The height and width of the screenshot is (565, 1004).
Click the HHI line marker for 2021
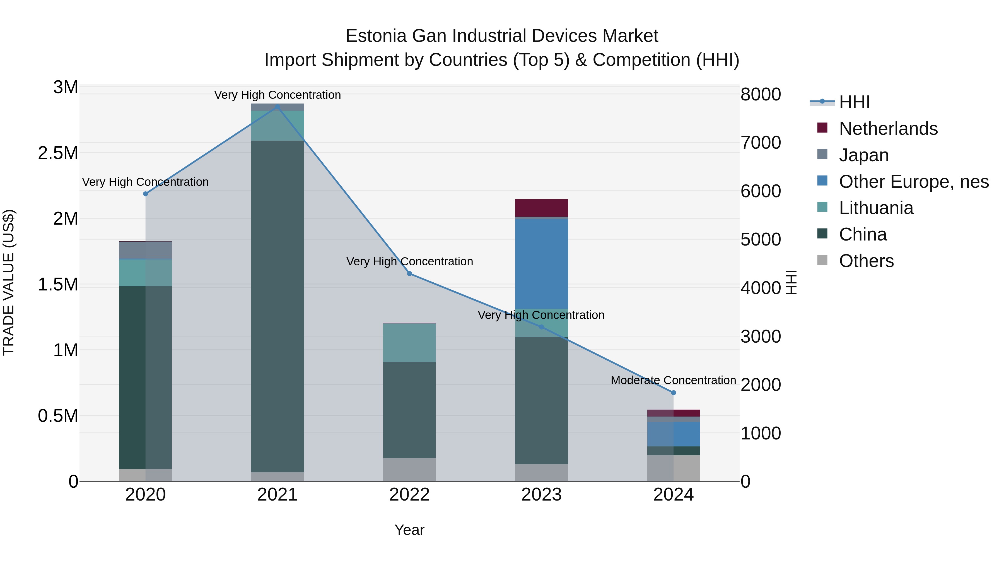(277, 107)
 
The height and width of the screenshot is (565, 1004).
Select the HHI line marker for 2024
(673, 393)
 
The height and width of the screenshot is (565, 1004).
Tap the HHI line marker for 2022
(409, 274)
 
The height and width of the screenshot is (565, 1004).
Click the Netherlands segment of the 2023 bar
(541, 208)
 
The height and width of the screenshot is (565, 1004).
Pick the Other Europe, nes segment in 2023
(541, 264)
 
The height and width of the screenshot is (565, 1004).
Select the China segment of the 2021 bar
(277, 306)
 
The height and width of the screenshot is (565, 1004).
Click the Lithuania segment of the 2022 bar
(409, 343)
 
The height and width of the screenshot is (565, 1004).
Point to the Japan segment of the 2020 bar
(145, 250)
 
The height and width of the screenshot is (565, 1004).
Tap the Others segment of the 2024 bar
(673, 468)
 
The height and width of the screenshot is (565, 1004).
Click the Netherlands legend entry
(888, 129)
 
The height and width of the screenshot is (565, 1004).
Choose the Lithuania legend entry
(875, 208)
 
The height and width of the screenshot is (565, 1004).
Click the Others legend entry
(866, 261)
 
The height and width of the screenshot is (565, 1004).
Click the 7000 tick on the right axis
(761, 143)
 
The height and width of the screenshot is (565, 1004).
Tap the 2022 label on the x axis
(409, 495)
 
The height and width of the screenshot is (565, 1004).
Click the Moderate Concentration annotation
(673, 380)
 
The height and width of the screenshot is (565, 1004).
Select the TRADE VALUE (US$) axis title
(9, 282)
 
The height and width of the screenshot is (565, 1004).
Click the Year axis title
(409, 530)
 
